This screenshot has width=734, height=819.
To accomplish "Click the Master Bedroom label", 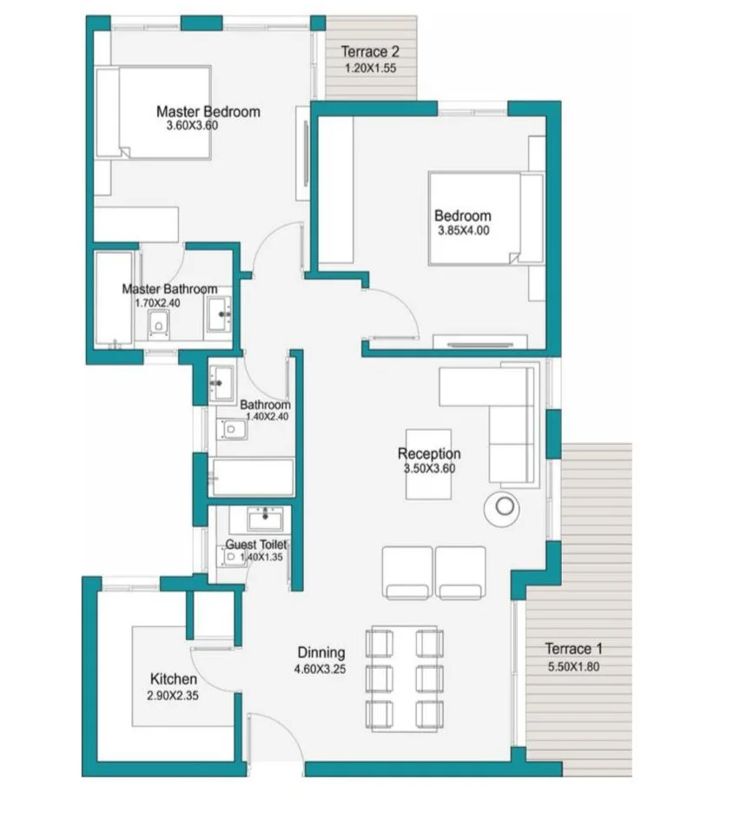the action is [208, 111].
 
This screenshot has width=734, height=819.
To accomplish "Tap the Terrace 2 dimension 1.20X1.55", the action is [370, 68].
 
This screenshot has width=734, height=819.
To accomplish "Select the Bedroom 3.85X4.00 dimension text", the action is [463, 230].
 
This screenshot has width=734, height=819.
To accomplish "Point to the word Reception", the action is [429, 453].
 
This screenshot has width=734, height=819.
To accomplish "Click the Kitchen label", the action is [174, 679].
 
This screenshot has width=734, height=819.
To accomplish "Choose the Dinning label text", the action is [321, 652].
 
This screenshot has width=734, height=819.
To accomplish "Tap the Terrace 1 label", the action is [573, 649].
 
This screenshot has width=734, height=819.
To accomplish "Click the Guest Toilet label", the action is [256, 545].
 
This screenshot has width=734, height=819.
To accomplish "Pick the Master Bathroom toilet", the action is [157, 324].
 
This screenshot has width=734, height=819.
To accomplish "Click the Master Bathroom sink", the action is [220, 314].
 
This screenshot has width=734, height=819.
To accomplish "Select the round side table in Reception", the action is [501, 507].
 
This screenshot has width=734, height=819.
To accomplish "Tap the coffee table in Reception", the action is [429, 465].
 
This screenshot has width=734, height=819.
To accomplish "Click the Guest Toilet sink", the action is [266, 519].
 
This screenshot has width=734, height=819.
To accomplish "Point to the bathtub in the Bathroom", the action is [252, 477].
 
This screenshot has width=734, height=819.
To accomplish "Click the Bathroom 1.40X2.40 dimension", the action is [267, 417].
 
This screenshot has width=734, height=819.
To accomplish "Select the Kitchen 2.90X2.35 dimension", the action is [173, 696].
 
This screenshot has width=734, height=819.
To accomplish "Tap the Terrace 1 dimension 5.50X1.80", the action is [573, 666].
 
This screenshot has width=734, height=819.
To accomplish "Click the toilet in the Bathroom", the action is [232, 430].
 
